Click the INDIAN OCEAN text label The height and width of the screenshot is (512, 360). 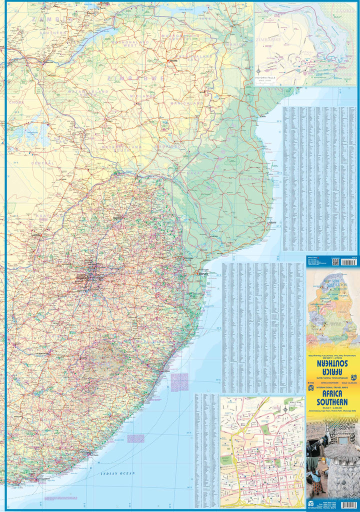point(118,472)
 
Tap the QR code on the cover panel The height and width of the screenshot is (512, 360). point(335,261)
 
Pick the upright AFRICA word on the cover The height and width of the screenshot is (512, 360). point(332,393)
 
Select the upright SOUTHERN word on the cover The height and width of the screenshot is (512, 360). point(332,401)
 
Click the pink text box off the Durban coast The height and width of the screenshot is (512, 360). point(179,382)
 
